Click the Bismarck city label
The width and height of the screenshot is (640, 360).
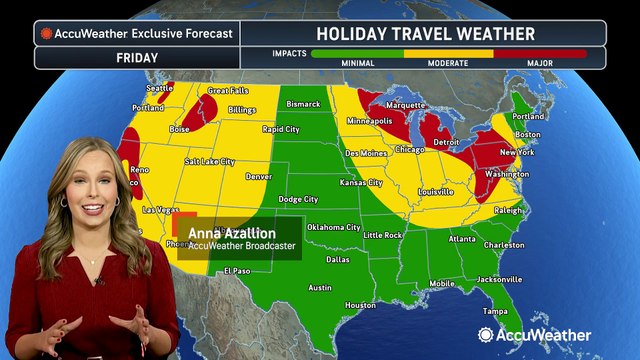304,103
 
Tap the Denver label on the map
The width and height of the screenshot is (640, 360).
259,176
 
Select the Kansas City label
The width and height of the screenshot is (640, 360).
361,183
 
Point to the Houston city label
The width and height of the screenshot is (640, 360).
360,305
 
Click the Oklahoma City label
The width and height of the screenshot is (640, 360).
334,227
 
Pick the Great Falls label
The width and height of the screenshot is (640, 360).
227,91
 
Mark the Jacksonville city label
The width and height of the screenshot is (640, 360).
500,278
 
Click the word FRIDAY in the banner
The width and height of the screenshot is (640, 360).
137,57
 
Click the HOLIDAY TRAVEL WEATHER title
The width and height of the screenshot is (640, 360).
425,33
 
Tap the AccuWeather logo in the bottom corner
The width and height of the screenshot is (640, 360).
546,335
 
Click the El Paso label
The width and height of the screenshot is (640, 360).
237,270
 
